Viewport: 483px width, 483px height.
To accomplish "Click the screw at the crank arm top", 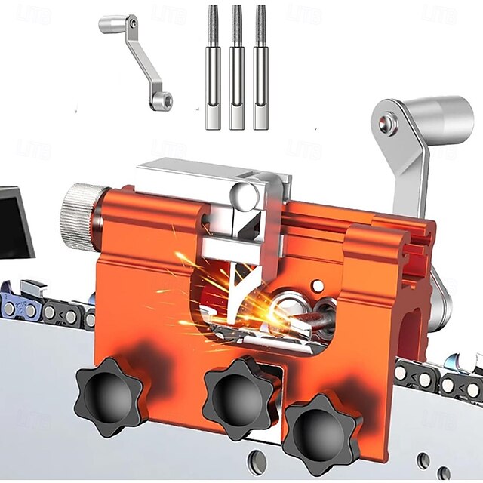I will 387,122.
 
